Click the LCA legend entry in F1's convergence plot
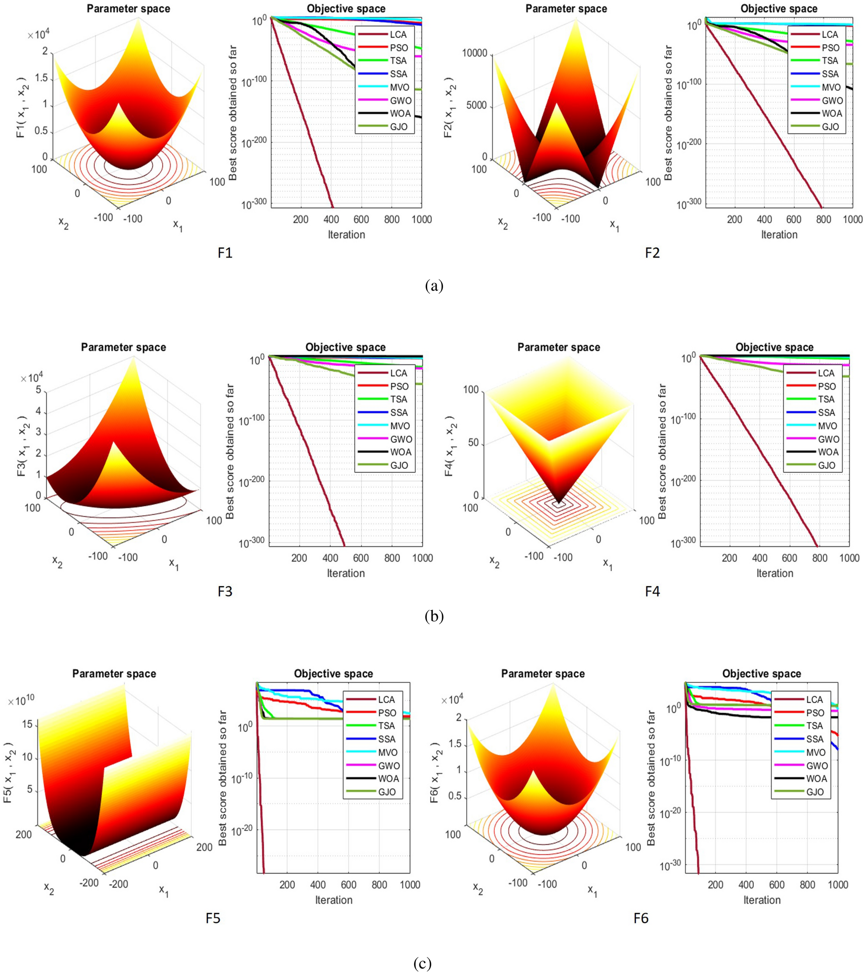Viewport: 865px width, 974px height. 398,35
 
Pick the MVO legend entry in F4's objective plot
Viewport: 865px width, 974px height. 828,425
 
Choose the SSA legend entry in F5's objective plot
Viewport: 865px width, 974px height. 387,738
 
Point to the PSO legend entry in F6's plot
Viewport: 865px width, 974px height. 815,713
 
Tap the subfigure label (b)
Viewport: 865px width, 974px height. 434,616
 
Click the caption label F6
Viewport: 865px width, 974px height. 641,918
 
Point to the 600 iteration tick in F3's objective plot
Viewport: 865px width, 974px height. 361,558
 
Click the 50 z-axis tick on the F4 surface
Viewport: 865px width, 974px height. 473,443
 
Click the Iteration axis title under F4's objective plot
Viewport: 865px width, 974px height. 774,573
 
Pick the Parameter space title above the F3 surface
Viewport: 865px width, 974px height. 123,347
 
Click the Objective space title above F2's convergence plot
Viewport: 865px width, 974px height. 779,9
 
